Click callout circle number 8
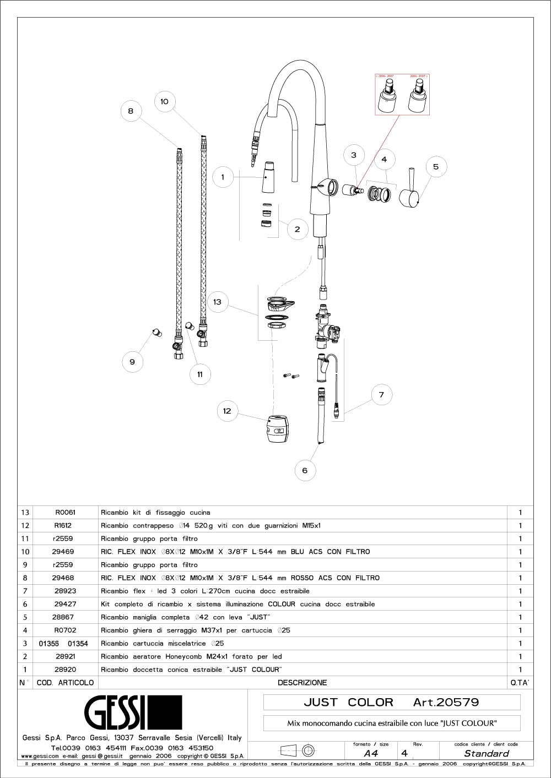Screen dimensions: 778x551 pyautogui.click(x=131, y=111)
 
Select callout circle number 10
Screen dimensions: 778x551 pyautogui.click(x=164, y=101)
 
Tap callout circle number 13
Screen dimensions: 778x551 pyautogui.click(x=218, y=302)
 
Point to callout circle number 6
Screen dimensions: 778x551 pyautogui.click(x=305, y=470)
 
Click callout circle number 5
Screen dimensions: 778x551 pyautogui.click(x=436, y=166)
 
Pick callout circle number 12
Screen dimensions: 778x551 pyautogui.click(x=227, y=411)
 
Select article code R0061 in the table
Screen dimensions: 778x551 pyautogui.click(x=65, y=512)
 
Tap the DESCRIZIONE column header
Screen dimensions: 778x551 pyautogui.click(x=302, y=683)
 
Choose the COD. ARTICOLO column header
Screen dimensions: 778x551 pyautogui.click(x=65, y=683)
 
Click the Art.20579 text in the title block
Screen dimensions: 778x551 pyautogui.click(x=446, y=702)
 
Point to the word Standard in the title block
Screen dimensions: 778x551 pyautogui.click(x=487, y=753)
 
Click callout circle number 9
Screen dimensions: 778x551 pyautogui.click(x=132, y=362)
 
